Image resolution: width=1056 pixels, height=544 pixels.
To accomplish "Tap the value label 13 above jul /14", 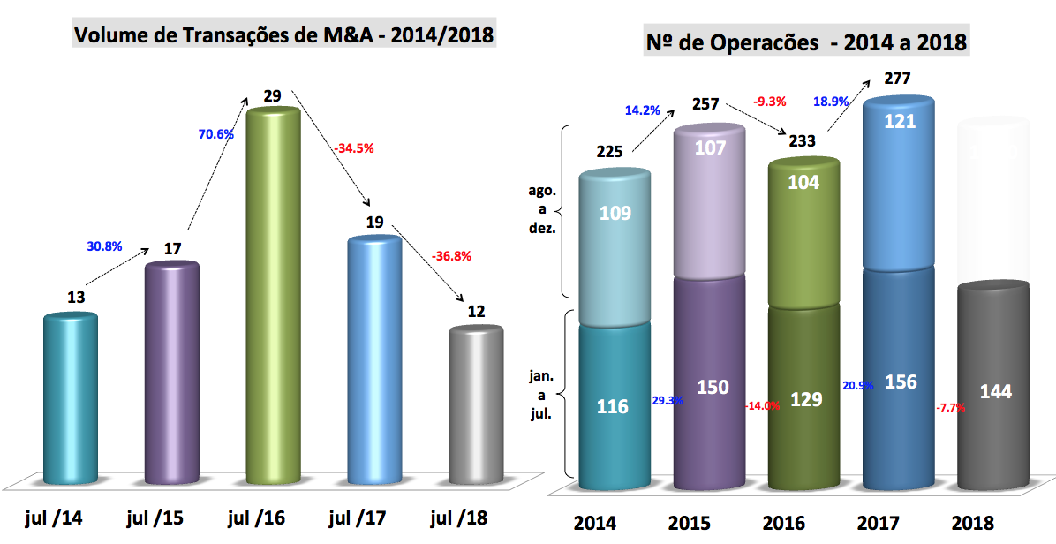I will tap(75, 297).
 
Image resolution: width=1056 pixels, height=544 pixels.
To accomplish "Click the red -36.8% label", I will tap(451, 257).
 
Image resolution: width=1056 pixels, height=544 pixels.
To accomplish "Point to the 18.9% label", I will tap(831, 101).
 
